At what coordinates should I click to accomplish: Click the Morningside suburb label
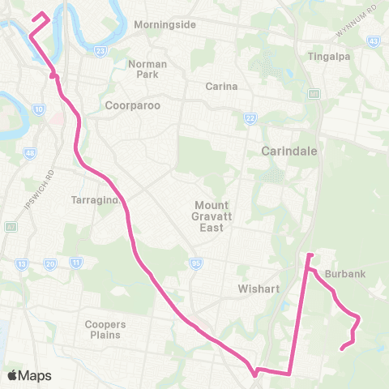[x=165, y=24]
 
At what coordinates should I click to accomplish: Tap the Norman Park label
[x=147, y=69]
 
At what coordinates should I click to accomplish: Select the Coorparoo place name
[x=133, y=105]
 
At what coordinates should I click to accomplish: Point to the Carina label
[x=220, y=87]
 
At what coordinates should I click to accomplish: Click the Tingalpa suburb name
[x=327, y=57]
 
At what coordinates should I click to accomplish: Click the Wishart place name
[x=259, y=288]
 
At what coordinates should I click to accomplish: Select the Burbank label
[x=345, y=274]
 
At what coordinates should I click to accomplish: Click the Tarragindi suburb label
[x=96, y=199]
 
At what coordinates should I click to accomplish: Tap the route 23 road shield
[x=100, y=52]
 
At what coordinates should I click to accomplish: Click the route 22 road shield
[x=249, y=119]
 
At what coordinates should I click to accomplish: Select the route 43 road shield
[x=373, y=40]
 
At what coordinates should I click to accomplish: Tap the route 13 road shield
[x=23, y=264]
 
